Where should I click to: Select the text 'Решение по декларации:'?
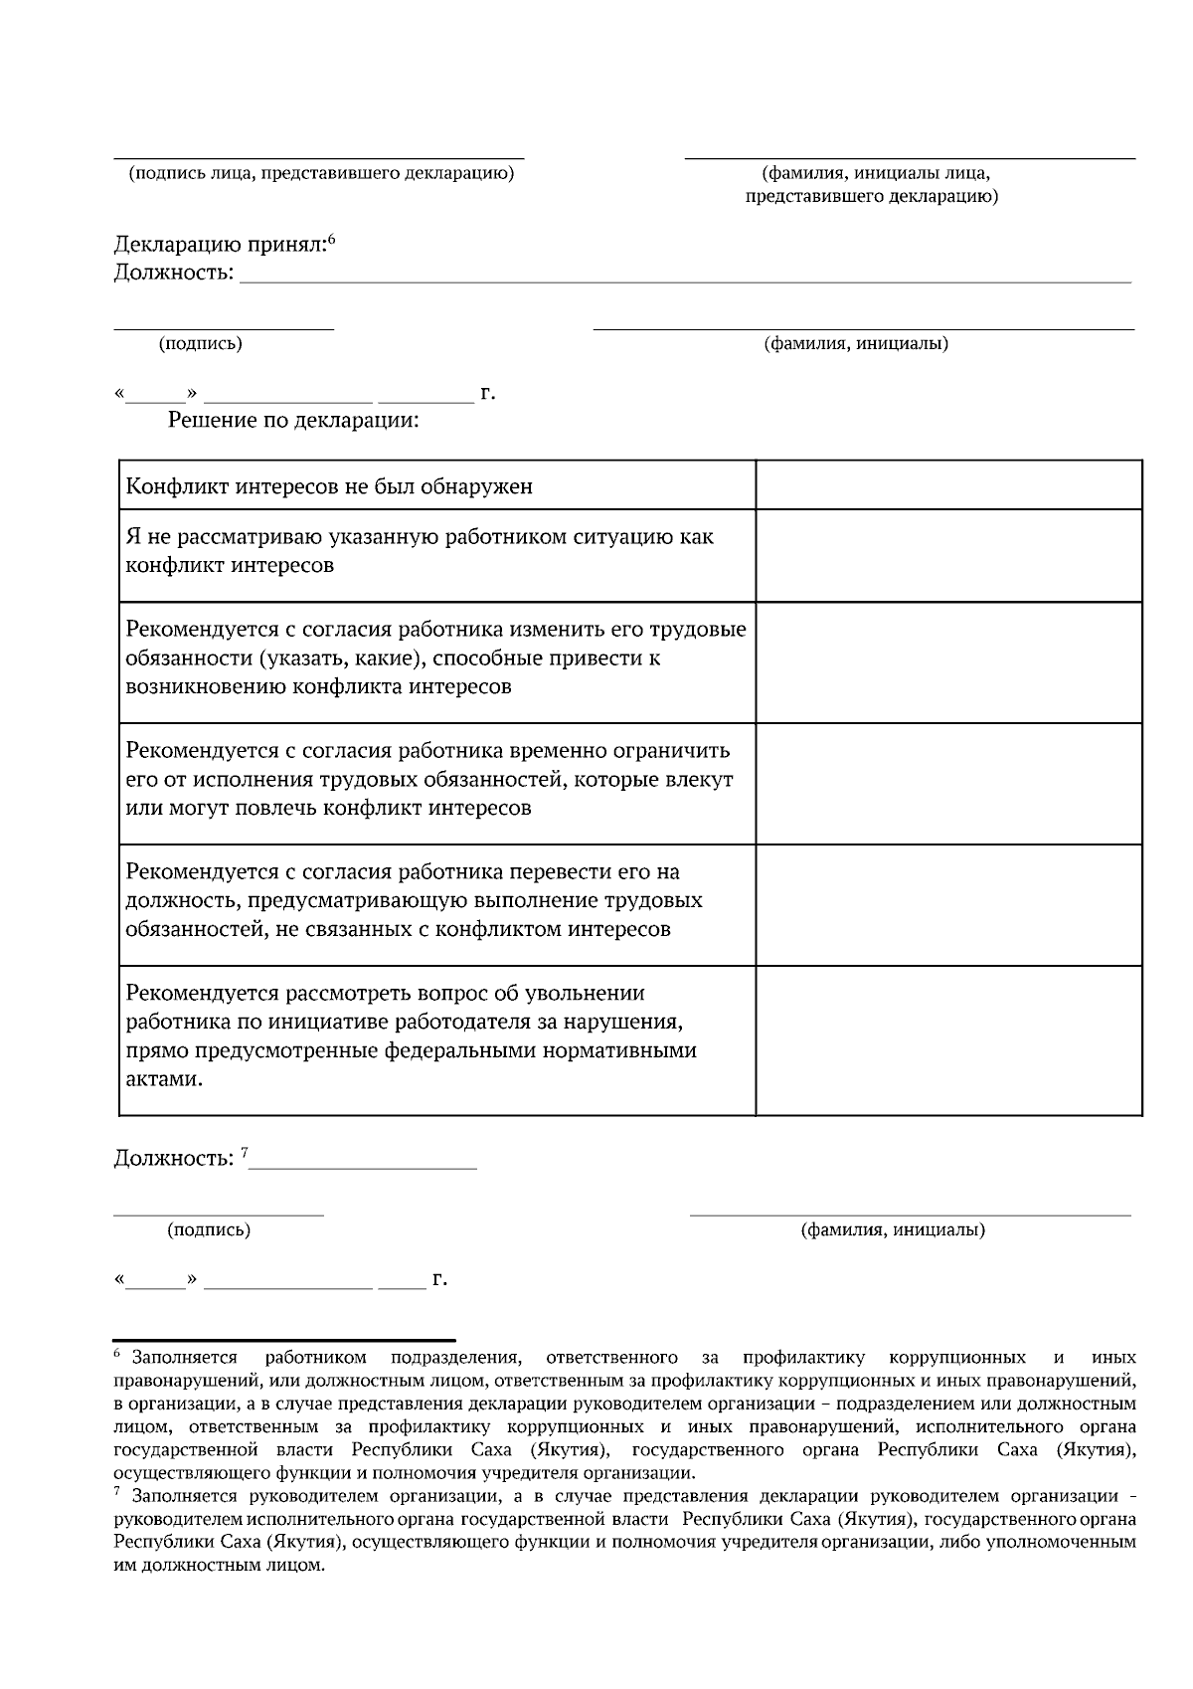click(293, 421)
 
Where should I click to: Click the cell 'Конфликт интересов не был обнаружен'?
click(329, 486)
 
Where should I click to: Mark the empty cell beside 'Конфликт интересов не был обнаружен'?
click(948, 485)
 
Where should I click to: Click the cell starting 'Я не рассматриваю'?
click(420, 551)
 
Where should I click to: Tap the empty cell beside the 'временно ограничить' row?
click(948, 784)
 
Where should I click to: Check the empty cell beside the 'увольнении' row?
click(948, 1039)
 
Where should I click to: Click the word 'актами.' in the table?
click(164, 1079)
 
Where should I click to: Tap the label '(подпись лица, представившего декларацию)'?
click(321, 174)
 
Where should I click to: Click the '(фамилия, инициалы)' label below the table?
click(893, 1230)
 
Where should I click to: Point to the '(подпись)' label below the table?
click(209, 1230)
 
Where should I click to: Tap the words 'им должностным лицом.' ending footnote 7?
click(220, 1565)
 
